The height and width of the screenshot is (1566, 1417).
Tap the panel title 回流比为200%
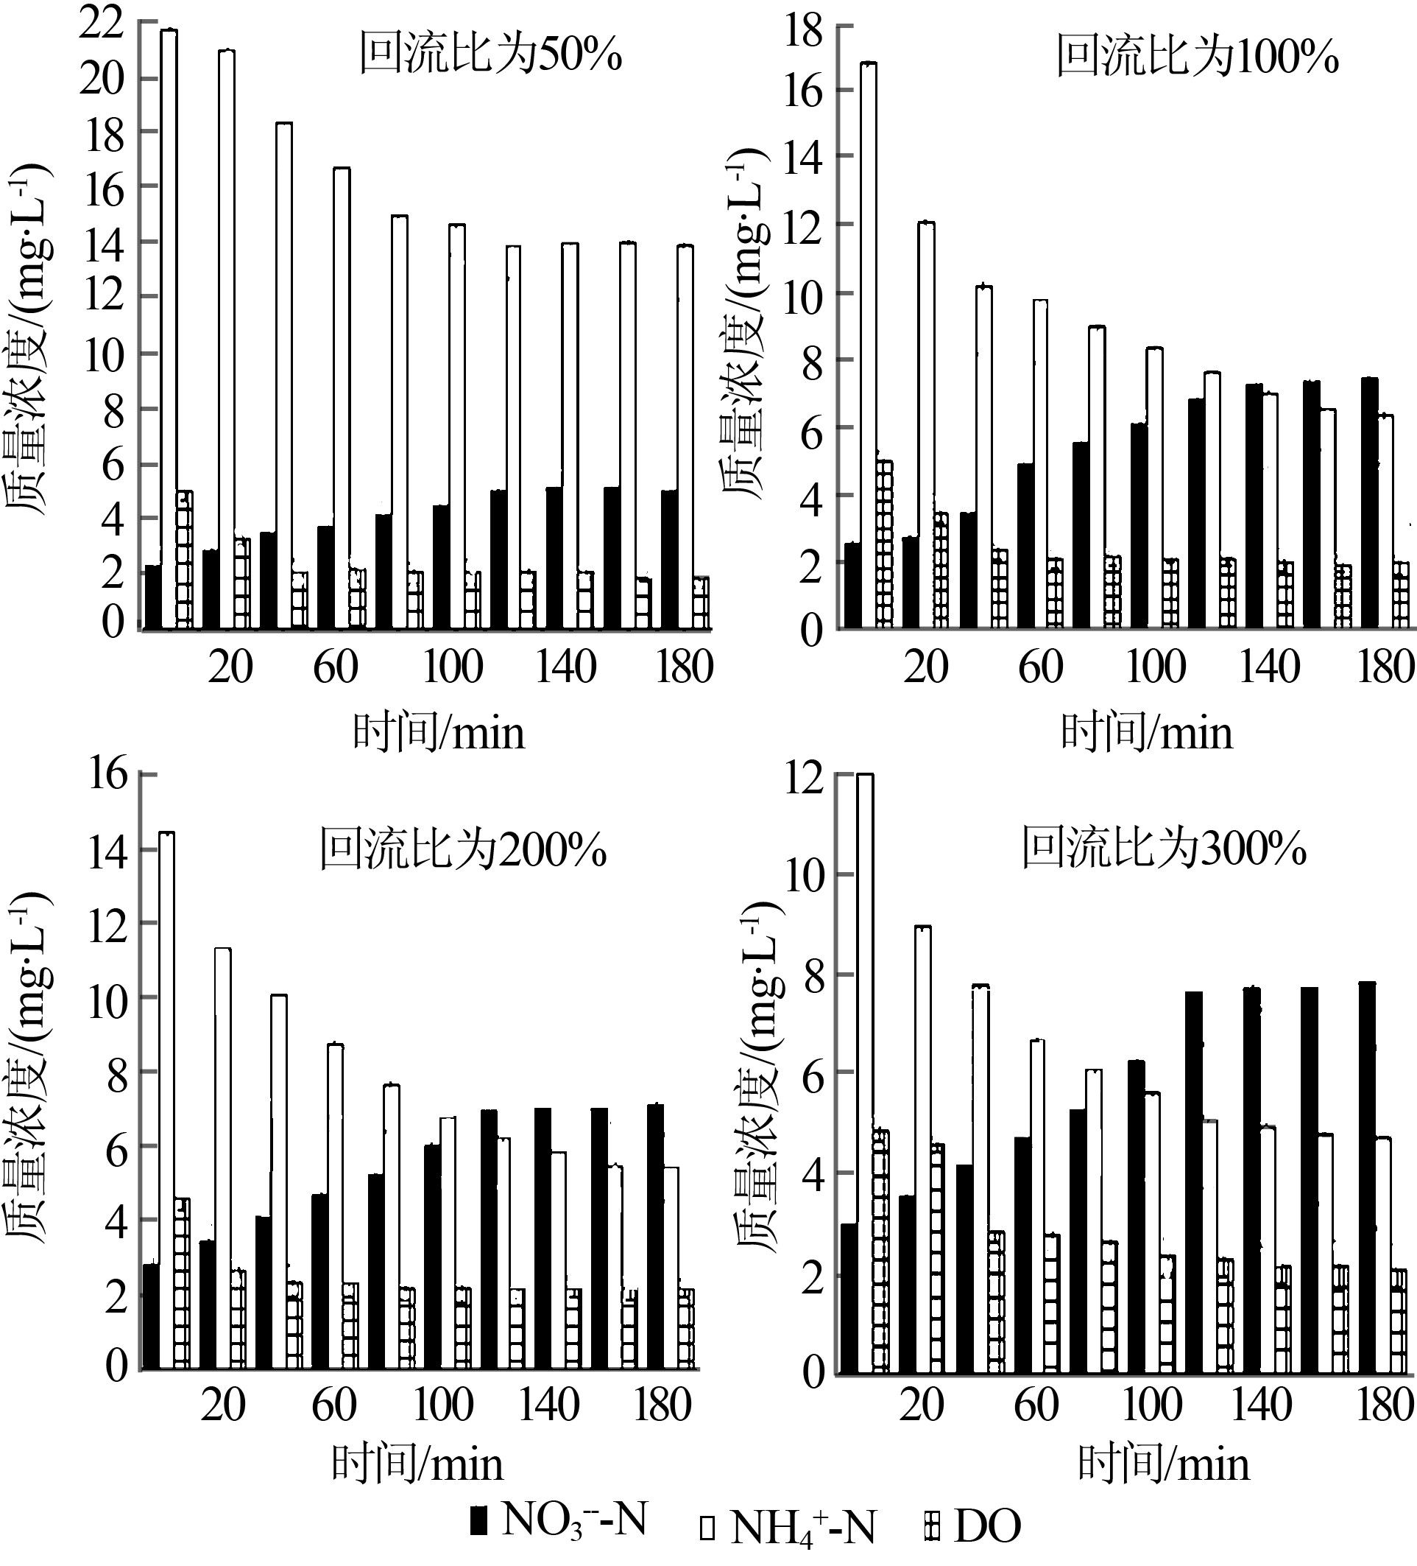(463, 850)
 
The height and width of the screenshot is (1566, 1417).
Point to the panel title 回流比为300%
(1163, 849)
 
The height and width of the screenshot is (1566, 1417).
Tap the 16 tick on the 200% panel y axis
(107, 774)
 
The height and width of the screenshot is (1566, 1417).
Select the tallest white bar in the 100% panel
(869, 342)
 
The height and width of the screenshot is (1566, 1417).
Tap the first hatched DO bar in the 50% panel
(184, 559)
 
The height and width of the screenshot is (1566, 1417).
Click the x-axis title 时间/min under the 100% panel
(1146, 732)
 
